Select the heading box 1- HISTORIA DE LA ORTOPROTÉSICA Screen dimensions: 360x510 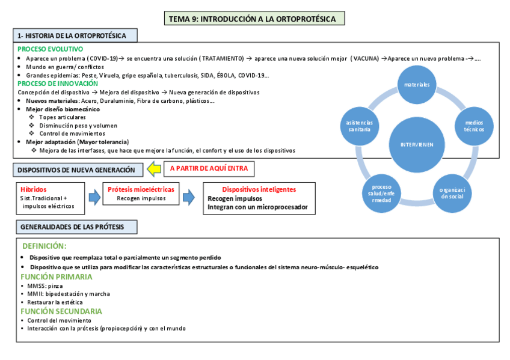click(75, 36)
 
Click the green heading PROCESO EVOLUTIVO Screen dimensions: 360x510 click(51, 49)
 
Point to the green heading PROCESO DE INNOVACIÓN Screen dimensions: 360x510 click(58, 84)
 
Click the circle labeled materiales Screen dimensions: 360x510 click(416, 85)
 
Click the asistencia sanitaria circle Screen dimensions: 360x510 click(359, 126)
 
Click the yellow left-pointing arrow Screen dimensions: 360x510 click(155, 169)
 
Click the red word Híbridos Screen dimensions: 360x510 click(33, 189)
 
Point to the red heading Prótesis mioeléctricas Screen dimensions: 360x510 click(141, 189)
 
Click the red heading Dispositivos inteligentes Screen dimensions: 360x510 click(259, 189)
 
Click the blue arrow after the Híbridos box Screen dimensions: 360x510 click(94, 197)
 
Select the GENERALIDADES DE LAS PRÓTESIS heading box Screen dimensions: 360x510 click(77, 227)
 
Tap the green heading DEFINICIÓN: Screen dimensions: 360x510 click(45, 246)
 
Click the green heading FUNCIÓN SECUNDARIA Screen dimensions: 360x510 click(61, 311)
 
